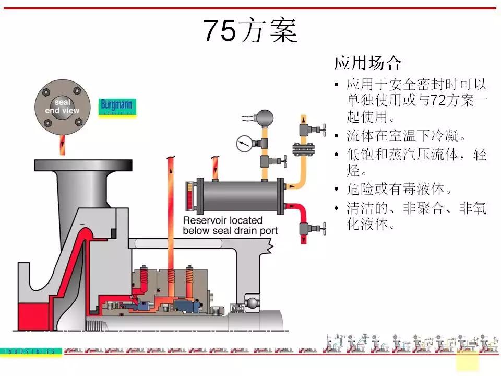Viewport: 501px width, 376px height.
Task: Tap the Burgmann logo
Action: (x=117, y=107)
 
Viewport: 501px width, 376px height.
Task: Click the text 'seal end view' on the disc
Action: (x=62, y=107)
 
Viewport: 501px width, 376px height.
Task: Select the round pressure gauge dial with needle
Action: (x=243, y=143)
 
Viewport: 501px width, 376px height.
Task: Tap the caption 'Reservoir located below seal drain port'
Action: (x=230, y=226)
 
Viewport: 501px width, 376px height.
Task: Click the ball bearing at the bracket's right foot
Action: (x=252, y=303)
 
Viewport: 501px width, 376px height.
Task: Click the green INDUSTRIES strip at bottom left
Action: (x=31, y=351)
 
